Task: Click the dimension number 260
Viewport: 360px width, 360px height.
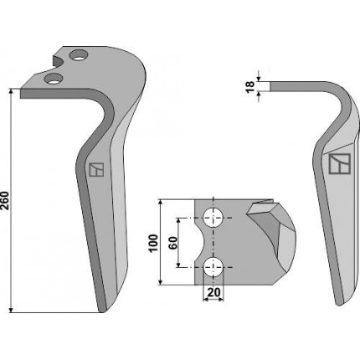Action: [5, 201]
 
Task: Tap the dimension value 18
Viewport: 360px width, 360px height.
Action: [250, 86]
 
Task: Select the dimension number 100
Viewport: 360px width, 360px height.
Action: [153, 244]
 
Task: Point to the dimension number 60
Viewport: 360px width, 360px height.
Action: [173, 243]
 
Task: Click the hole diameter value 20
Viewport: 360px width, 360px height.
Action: [213, 292]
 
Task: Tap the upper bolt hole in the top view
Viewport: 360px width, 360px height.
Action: [213, 218]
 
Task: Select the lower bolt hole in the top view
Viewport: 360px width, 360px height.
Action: [213, 268]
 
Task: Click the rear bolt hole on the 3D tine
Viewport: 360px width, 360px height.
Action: [78, 55]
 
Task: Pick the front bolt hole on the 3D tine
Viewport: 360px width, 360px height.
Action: [53, 79]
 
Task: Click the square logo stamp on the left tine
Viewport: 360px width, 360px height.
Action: [96, 169]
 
